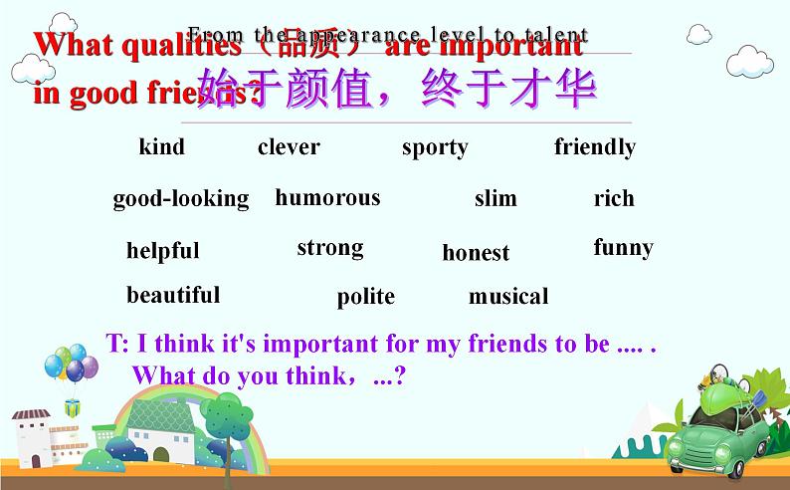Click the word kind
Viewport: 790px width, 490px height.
(161, 147)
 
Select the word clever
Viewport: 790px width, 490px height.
(289, 147)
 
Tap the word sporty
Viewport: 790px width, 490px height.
(435, 148)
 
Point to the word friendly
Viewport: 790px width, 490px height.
(594, 147)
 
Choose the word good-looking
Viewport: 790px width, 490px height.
(181, 198)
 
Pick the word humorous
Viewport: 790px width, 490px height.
(327, 197)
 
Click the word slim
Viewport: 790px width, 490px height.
(495, 198)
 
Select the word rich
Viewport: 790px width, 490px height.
(614, 198)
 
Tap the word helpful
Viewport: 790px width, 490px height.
(162, 251)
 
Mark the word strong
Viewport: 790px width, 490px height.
(329, 248)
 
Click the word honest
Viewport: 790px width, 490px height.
(476, 253)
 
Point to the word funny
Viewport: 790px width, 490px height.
(623, 248)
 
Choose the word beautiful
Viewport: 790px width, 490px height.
(173, 295)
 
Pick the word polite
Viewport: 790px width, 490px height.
(365, 297)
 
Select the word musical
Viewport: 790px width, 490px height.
(508, 296)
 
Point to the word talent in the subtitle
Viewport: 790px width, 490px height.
(554, 36)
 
